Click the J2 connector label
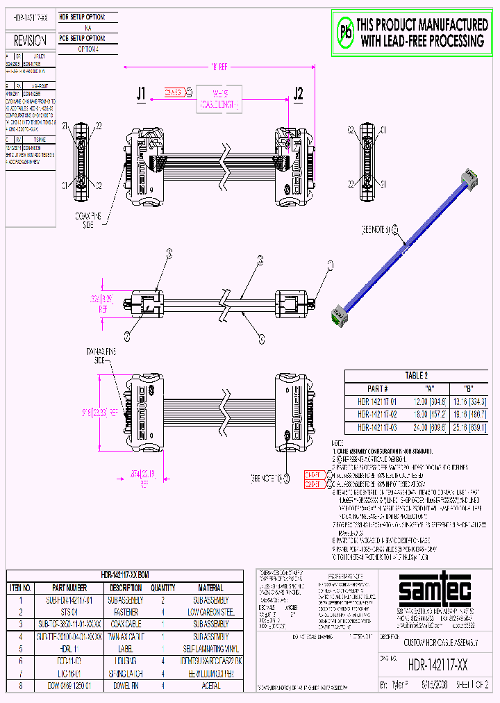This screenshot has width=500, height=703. pos(299,93)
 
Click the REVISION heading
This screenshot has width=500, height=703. pos(30,41)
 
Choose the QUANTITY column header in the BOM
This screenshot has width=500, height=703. pos(162,587)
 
